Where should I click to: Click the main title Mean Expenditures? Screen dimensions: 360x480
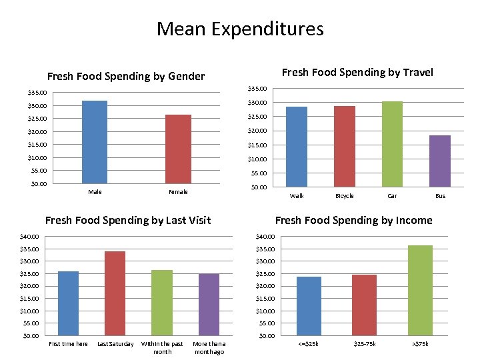coord(240,29)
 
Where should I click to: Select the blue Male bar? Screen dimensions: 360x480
coord(95,142)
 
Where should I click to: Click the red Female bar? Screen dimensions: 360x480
coord(178,149)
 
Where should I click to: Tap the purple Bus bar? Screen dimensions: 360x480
coord(440,161)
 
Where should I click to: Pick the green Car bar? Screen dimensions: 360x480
coord(392,144)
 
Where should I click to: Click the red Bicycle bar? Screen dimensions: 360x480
coord(345,146)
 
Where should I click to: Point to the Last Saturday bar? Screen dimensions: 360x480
coord(115,293)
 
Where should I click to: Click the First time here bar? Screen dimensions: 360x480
coord(68,303)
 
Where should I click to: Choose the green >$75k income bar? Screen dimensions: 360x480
coord(420,291)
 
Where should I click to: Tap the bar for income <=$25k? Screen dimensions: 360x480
coord(309,306)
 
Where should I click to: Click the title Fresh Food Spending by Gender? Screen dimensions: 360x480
coord(126,76)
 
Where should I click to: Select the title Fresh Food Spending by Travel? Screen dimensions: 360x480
coord(357,72)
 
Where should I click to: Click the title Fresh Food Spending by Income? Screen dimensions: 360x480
coord(353,220)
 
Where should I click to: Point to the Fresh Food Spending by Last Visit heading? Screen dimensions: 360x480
coord(127,220)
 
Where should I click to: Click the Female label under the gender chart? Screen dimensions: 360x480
coord(178,192)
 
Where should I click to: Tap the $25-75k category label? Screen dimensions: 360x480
coord(365,344)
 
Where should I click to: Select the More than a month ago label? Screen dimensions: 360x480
coord(209,347)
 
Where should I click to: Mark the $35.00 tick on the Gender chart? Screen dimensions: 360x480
coord(37,93)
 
